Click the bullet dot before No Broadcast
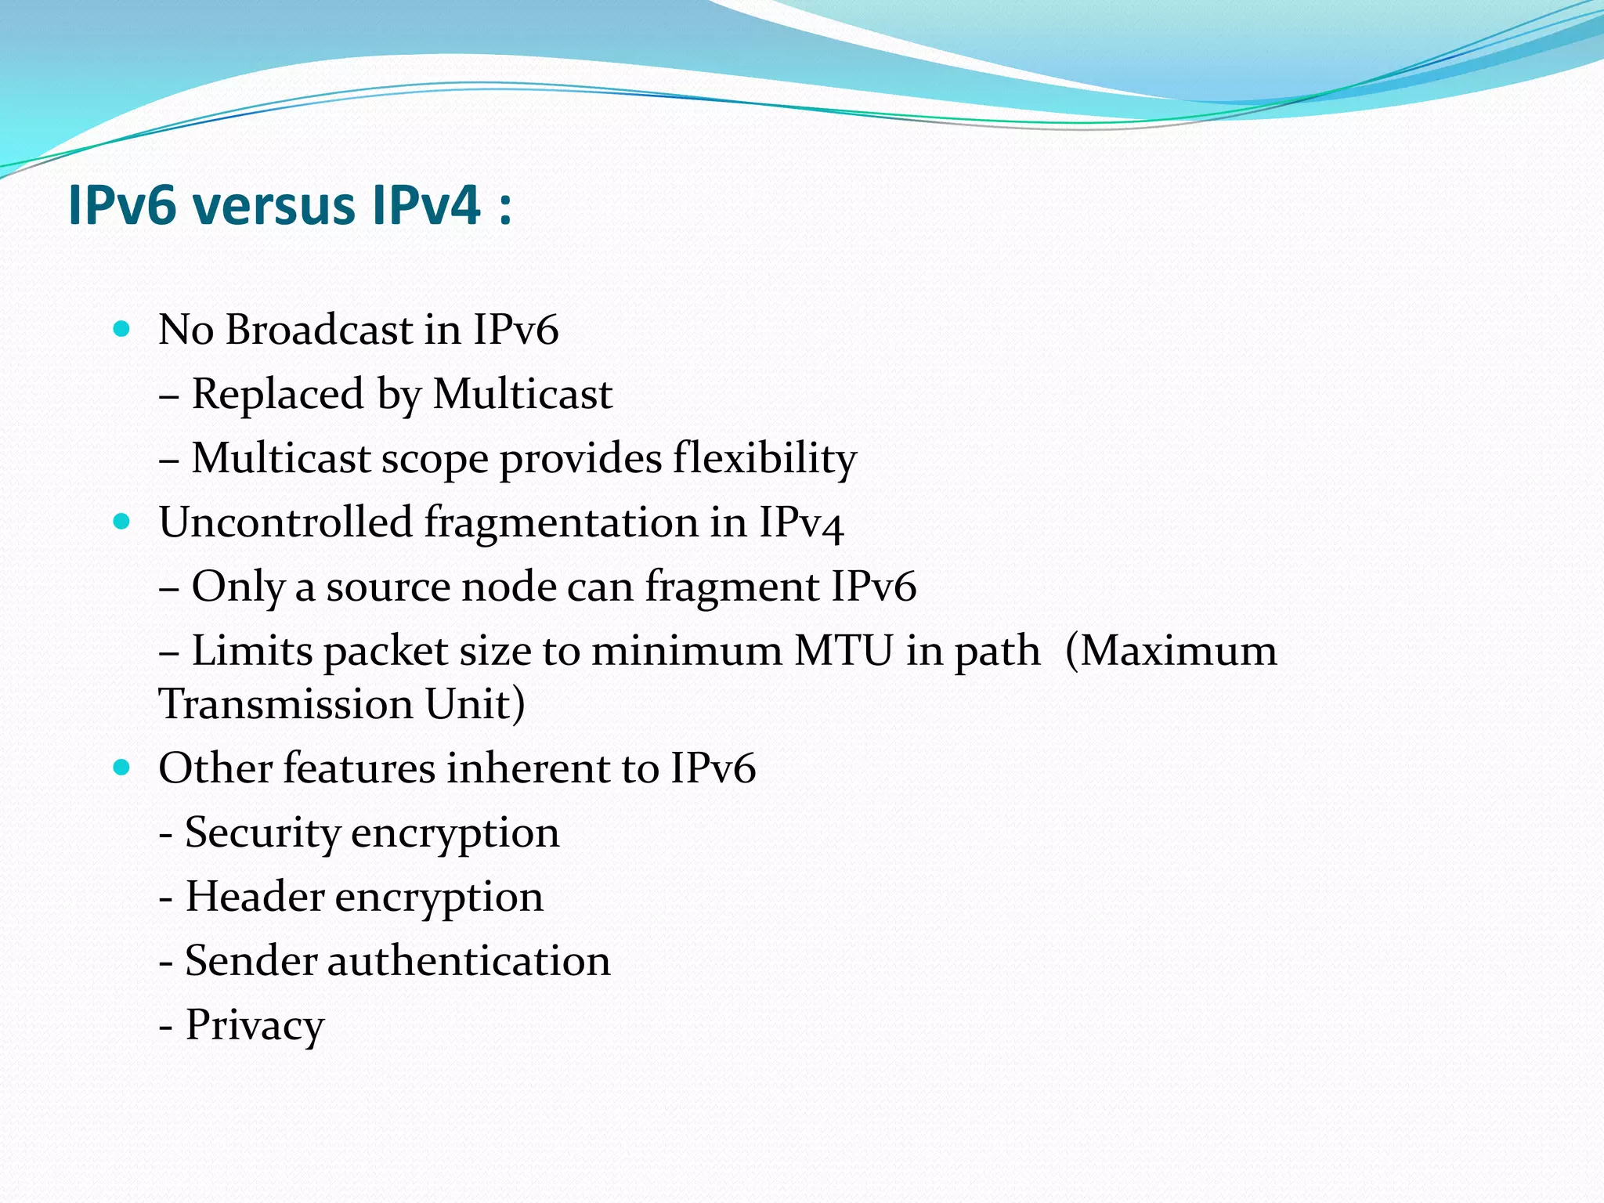[x=121, y=329]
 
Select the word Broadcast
[x=320, y=330]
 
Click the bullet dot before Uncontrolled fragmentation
[x=121, y=522]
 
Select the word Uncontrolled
[x=285, y=522]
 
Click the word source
[x=388, y=587]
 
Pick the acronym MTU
[x=844, y=651]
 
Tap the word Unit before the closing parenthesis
[x=468, y=704]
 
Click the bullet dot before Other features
[x=121, y=768]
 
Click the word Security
[x=262, y=833]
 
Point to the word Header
[x=255, y=897]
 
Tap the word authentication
[x=468, y=961]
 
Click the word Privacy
[x=255, y=1026]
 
